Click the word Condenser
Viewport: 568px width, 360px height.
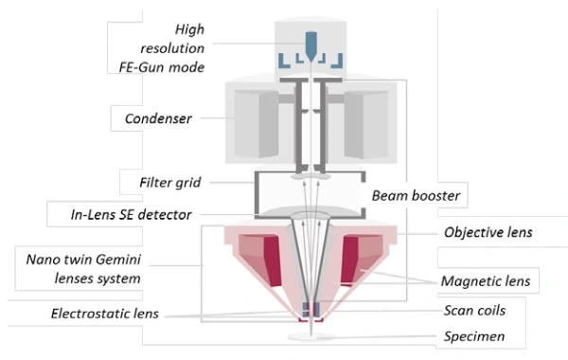[x=158, y=118]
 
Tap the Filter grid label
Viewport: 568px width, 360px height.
[x=169, y=182]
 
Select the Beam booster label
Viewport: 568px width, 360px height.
[x=416, y=196]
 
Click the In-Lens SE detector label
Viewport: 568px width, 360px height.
[x=131, y=215]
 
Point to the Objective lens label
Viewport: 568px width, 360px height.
[x=488, y=232]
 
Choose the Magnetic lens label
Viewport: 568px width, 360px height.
[x=486, y=281]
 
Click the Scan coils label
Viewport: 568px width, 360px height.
[x=474, y=311]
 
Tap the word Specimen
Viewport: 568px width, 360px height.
[x=474, y=336]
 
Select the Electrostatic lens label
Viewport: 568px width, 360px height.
[x=105, y=314]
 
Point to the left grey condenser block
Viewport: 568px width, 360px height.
[x=257, y=124]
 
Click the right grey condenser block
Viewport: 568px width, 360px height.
[x=365, y=124]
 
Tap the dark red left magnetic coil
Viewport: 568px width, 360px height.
[x=272, y=261]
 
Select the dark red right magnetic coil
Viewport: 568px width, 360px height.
[x=349, y=261]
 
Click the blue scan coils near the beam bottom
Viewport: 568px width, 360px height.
[x=311, y=309]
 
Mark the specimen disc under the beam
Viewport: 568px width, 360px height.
[x=311, y=337]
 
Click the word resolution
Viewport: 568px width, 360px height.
[x=172, y=48]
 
